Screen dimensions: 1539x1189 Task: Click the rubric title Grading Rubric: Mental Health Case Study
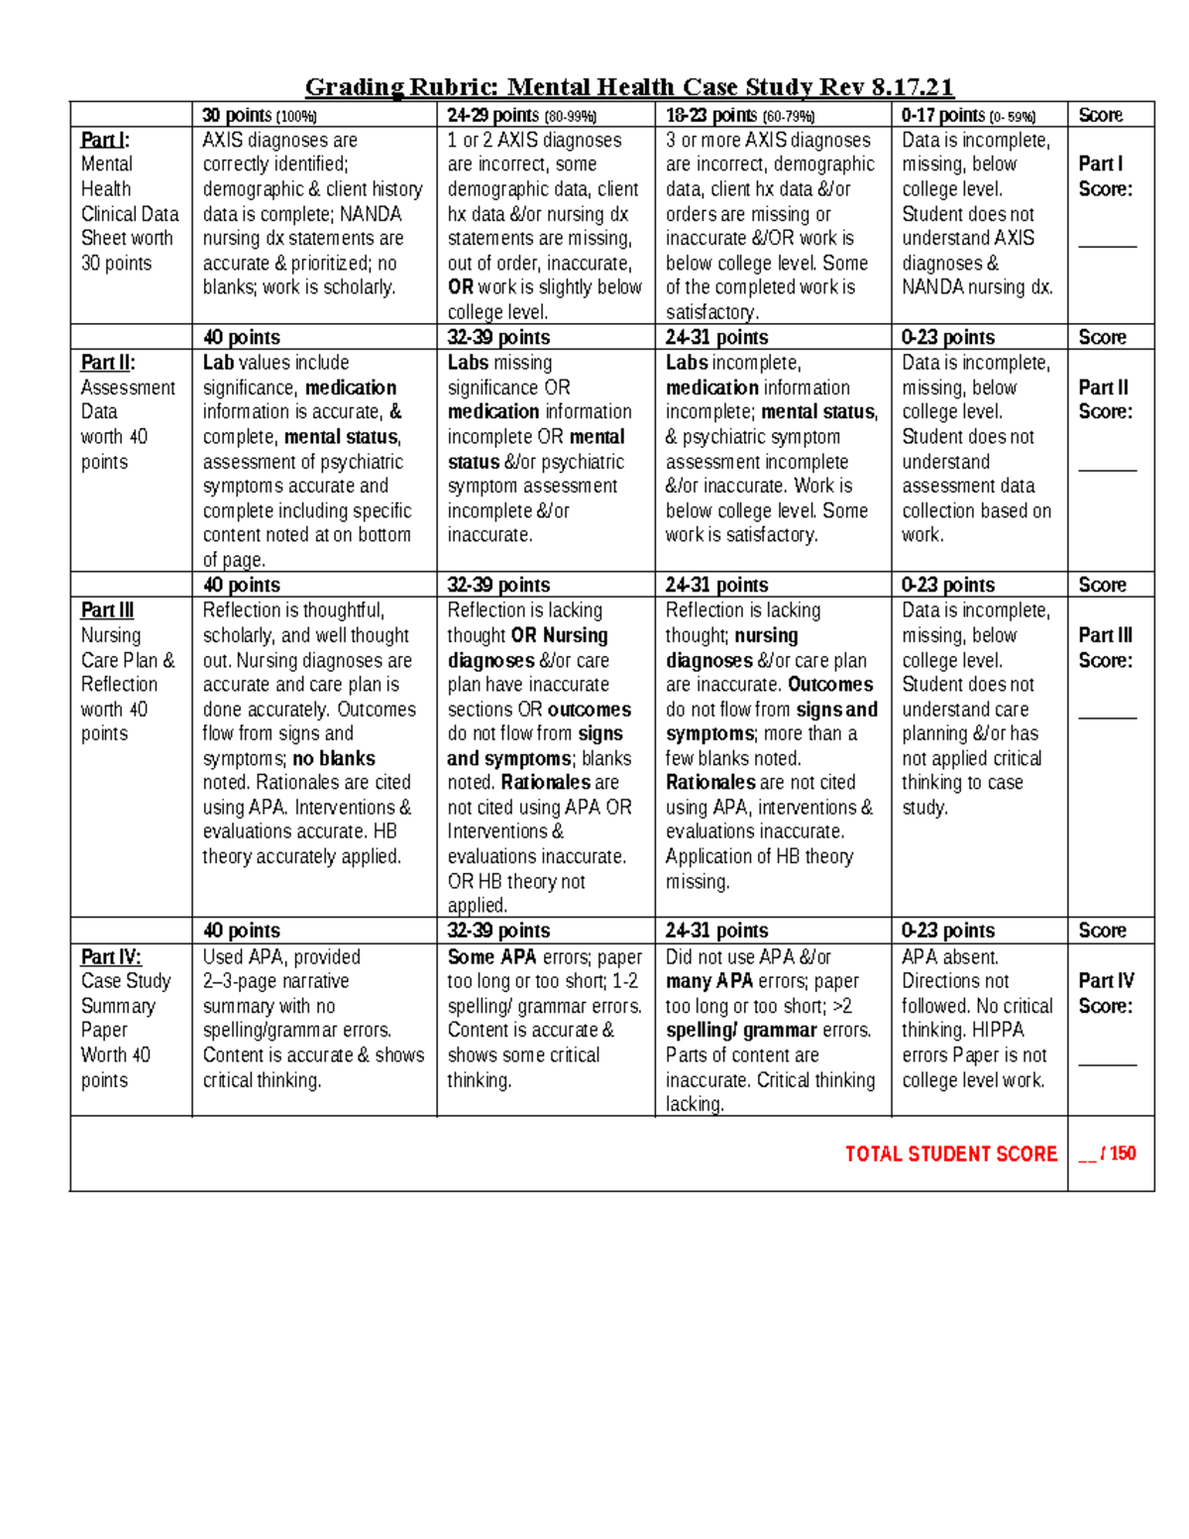pos(629,87)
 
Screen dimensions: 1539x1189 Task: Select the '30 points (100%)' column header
pos(260,115)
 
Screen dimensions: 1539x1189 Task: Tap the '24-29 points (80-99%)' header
pos(521,115)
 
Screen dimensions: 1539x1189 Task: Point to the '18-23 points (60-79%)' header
pos(739,115)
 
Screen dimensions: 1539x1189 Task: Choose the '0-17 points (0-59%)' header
pos(968,115)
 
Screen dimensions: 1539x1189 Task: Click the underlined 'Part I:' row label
pos(105,140)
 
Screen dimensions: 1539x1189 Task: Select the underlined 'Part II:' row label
pos(108,363)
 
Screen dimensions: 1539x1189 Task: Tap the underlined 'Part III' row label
pos(107,610)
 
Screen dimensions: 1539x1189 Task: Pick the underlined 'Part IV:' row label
pos(111,956)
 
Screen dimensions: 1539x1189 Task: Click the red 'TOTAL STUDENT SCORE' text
pos(950,1154)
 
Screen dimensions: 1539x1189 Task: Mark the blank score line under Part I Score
pos(1108,244)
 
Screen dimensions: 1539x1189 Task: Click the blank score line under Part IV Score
pos(1108,1063)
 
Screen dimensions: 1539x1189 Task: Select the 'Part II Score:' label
pos(1105,399)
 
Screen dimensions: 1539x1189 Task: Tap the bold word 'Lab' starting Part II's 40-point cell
pos(219,363)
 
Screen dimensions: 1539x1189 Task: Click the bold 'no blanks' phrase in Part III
pos(333,758)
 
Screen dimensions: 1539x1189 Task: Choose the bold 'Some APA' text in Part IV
pos(491,956)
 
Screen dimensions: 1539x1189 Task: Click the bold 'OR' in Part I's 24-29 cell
pos(460,287)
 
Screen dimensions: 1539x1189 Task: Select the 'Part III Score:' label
pos(1105,647)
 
